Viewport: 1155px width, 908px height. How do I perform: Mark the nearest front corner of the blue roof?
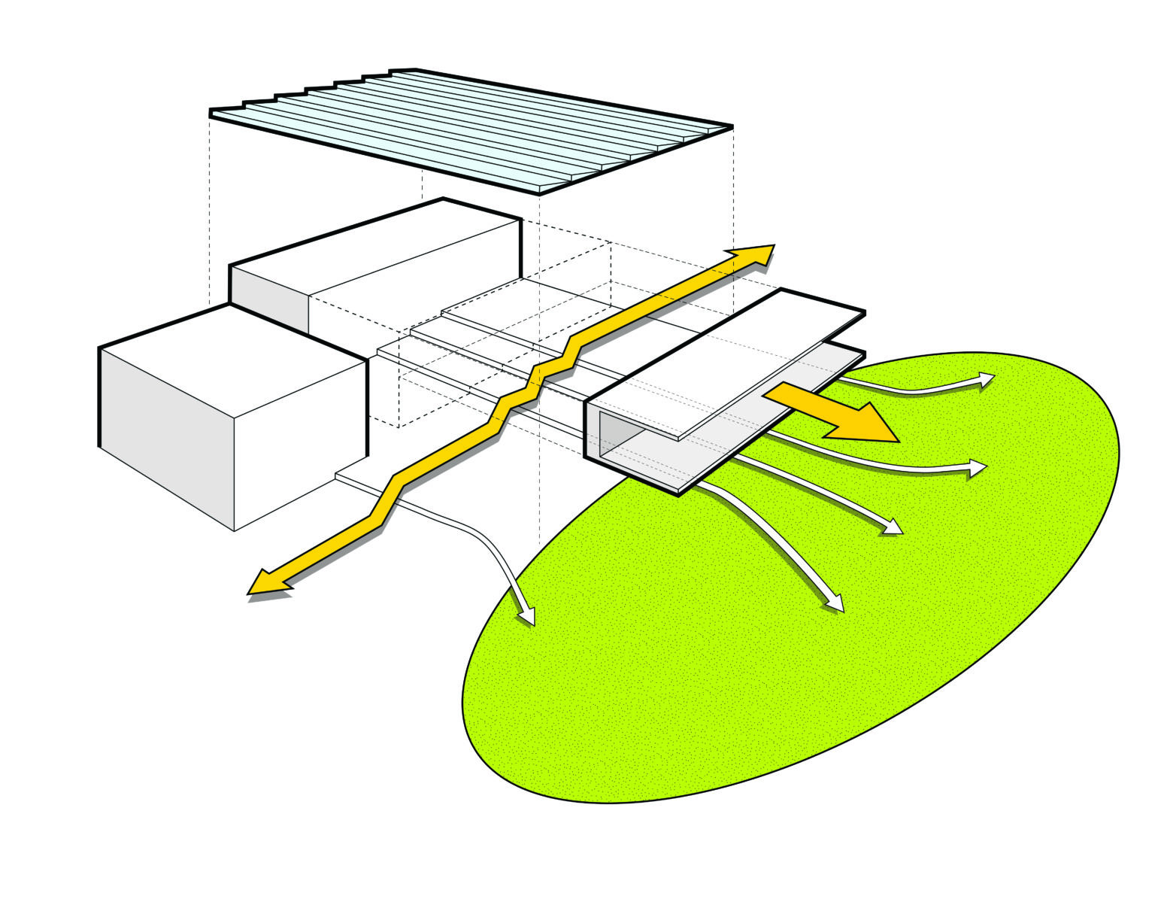tap(538, 192)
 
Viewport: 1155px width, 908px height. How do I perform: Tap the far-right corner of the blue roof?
tap(731, 126)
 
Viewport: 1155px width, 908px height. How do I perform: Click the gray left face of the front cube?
tap(165, 436)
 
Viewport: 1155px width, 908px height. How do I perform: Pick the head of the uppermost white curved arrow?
tap(985, 380)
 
